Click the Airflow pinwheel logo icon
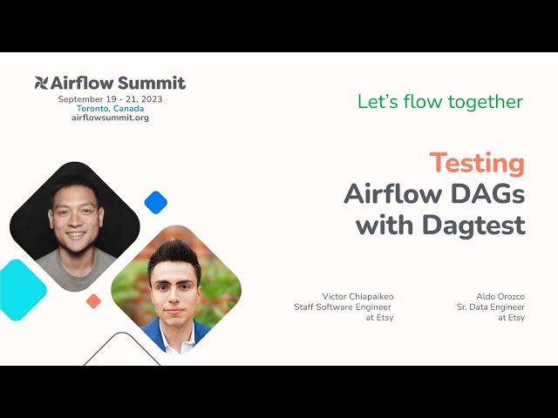coord(41,84)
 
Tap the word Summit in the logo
coord(155,84)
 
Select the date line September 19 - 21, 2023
coord(110,99)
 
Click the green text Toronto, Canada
coord(110,109)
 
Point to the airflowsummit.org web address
coord(110,118)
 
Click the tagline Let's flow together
coord(440,101)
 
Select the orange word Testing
coord(477,163)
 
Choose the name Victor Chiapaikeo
coord(357,296)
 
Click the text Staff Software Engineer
coord(357,307)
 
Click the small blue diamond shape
coord(155,202)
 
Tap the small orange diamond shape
coord(93,301)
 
